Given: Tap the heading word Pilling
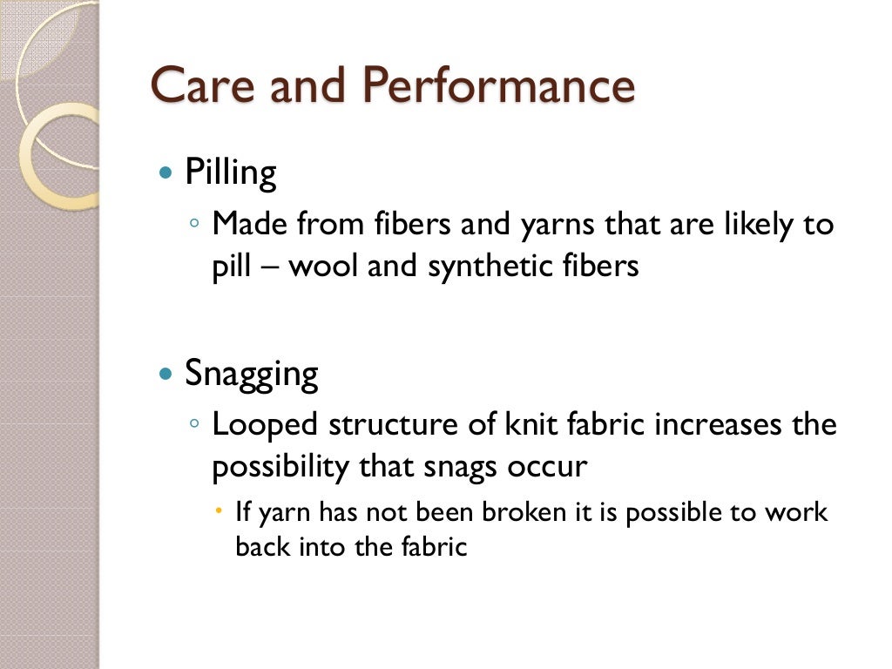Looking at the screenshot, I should click(x=230, y=173).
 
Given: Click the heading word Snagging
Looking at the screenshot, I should click(x=252, y=375).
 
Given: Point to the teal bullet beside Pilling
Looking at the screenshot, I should click(x=166, y=173).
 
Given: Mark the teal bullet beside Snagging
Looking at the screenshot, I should click(x=166, y=375).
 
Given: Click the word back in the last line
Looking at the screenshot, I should click(x=258, y=548).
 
